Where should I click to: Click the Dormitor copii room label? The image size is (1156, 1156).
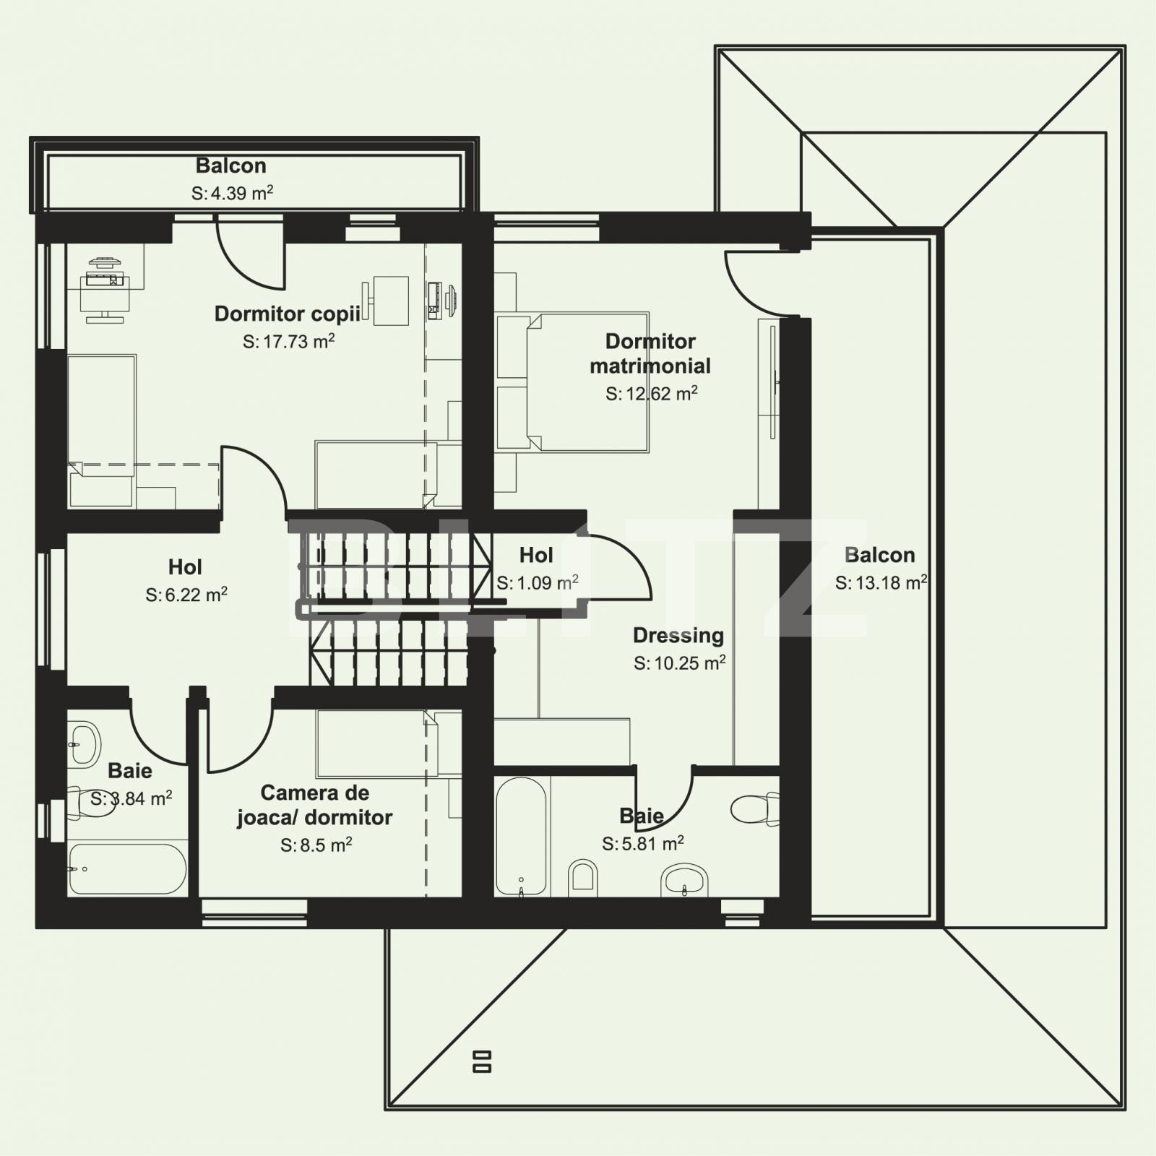[287, 314]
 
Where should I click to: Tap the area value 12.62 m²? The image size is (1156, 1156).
[651, 394]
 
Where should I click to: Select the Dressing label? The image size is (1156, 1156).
[678, 635]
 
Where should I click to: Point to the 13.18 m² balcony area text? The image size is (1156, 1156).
[881, 582]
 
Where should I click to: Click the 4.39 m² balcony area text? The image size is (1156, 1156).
[232, 193]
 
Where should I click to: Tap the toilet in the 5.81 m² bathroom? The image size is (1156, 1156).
[755, 808]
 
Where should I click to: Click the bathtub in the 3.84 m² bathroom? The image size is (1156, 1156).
[126, 868]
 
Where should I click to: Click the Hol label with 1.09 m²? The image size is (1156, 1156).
[536, 555]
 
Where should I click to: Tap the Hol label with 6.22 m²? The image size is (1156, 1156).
[185, 566]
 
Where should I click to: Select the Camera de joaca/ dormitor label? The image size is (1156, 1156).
[314, 805]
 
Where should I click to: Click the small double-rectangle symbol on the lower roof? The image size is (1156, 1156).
[482, 1061]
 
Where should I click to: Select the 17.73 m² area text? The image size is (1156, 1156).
[288, 342]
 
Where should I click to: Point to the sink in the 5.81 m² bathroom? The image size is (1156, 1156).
[683, 880]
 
